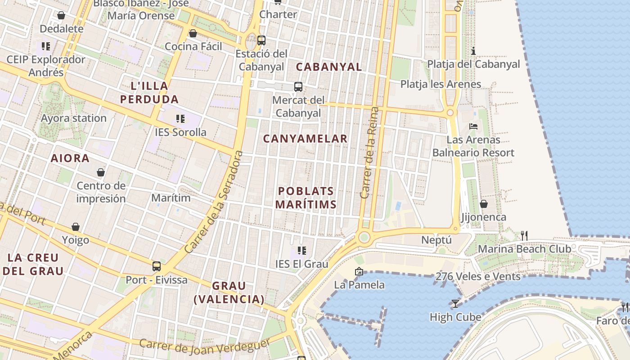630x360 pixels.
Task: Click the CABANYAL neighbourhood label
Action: [x=328, y=67]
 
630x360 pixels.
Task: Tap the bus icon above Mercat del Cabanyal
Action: [x=298, y=87]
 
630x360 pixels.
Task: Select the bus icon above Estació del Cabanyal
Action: [x=261, y=40]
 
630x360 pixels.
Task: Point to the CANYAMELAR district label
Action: [x=305, y=139]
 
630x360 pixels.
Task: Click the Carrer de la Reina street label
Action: [x=370, y=153]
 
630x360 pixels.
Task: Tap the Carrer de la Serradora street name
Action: [x=214, y=202]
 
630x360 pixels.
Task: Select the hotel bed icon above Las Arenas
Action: [x=473, y=126]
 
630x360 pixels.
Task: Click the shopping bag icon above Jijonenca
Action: [x=484, y=204]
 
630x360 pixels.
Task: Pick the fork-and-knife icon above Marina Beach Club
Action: [x=524, y=235]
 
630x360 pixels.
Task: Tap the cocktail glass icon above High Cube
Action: [x=455, y=304]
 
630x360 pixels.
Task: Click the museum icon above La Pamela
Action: [x=359, y=271]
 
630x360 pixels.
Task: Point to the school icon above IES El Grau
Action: [x=301, y=250]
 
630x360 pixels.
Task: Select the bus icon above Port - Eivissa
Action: [x=156, y=266]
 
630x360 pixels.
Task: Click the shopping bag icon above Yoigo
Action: [x=76, y=227]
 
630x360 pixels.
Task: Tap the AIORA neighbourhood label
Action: [x=70, y=158]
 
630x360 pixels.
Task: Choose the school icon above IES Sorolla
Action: [x=180, y=119]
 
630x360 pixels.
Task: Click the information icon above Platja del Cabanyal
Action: [x=473, y=51]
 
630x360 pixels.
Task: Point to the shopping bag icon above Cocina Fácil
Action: [x=193, y=33]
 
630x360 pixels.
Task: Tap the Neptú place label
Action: [x=436, y=240]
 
